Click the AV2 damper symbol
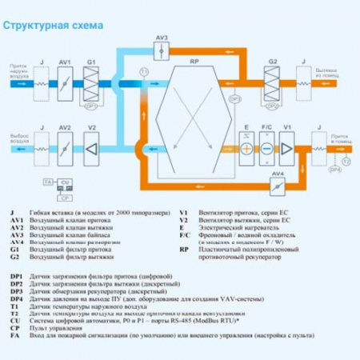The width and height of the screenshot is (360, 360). point(66,148)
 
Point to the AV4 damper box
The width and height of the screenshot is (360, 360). point(276,186)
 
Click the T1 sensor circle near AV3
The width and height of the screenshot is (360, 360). point(144,72)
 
